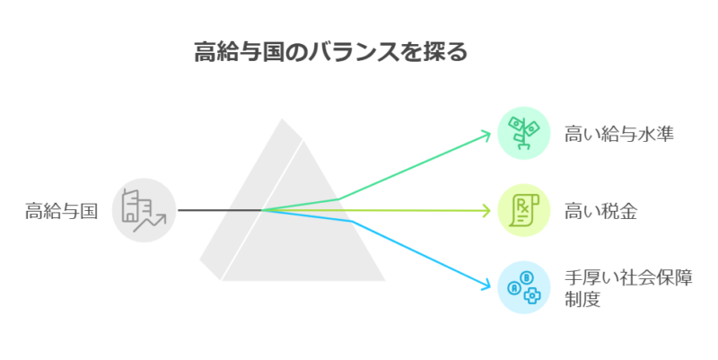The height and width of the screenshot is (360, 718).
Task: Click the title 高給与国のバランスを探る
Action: point(331,51)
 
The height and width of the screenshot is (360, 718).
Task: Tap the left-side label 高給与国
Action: point(61,211)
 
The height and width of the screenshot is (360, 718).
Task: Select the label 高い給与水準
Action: point(618,134)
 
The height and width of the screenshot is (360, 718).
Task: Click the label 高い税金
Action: point(600,211)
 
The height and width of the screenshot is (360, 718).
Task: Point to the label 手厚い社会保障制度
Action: point(628,288)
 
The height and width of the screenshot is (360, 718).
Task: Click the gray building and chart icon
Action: point(144,210)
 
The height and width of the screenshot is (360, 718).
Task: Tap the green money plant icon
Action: point(524,133)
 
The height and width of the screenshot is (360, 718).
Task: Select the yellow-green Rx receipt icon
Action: point(524,210)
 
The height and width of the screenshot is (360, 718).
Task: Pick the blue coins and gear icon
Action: point(524,287)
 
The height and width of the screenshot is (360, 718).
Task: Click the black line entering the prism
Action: point(220,210)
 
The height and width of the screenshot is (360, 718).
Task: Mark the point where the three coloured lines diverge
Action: point(262,210)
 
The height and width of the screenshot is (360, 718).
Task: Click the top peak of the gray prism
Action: point(282,119)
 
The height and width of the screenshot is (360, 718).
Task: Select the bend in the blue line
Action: point(351,221)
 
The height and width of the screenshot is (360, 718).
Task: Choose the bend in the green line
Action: point(339,198)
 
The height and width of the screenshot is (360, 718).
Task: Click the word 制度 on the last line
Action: point(582,300)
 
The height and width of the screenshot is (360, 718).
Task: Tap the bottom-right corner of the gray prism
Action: point(385,280)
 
